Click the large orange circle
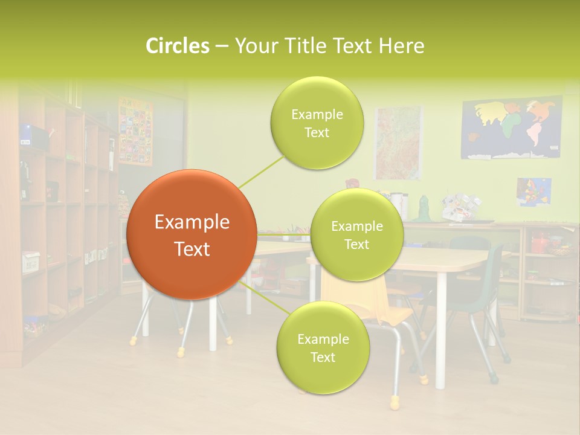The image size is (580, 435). coord(192,234)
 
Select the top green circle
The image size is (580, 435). coord(317,123)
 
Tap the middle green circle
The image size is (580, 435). coord(356,235)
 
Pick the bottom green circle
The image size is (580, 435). coord(323,348)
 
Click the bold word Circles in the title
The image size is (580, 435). coord(178,46)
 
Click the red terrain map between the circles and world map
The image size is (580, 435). coord(397,143)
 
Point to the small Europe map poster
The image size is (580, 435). coord(533,192)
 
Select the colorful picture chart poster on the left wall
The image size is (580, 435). coord(135,130)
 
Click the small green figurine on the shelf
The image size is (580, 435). coord(424,207)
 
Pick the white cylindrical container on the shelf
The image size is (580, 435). coord(397,205)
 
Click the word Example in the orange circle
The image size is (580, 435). coord(192,222)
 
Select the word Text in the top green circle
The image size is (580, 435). coord(317,133)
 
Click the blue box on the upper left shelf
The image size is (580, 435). coord(25,134)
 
